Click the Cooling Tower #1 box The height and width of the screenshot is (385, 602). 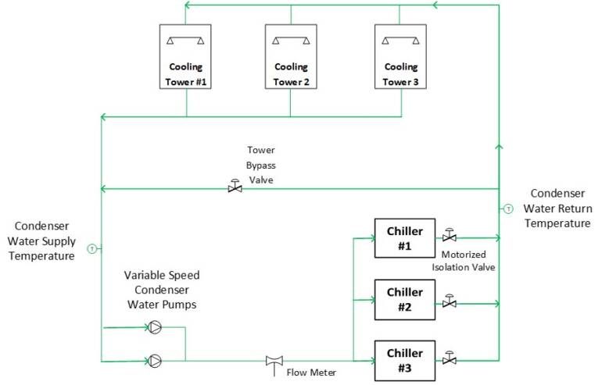coord(185,59)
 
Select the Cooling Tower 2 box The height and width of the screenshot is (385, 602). coord(291,59)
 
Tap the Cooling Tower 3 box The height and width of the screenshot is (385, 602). coord(400,59)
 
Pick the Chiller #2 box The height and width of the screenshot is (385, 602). coord(404,299)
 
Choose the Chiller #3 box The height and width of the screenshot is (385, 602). coord(404,360)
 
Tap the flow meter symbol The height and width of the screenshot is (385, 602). coord(274,361)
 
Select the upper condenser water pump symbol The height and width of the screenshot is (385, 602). coord(155,327)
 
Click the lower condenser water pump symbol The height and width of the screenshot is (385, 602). coord(155,360)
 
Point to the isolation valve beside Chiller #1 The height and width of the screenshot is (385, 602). coord(450,236)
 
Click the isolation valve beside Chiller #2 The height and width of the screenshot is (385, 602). coord(450,301)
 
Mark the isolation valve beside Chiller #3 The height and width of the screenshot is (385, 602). coord(450,359)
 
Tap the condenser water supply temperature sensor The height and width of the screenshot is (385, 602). coord(91,248)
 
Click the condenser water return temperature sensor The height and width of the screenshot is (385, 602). coord(507,209)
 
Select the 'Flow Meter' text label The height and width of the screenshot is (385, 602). coord(311,373)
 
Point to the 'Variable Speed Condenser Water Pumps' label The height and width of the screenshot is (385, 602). coord(161,290)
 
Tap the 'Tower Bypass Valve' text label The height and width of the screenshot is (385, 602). coord(261,165)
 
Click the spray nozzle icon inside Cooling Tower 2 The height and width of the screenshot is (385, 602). coord(291,40)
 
